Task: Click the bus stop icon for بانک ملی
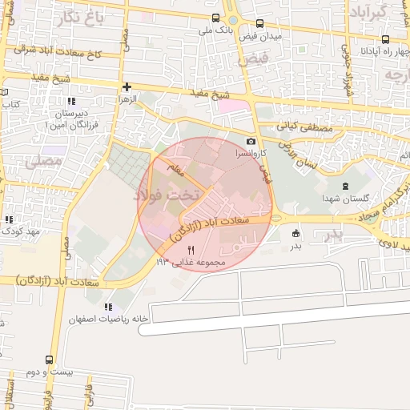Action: coord(215,18)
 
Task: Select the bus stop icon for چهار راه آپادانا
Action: coord(387,39)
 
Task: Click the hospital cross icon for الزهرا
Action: coord(126,86)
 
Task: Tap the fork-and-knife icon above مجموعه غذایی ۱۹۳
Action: coord(191,250)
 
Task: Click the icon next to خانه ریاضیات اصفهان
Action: coord(109,307)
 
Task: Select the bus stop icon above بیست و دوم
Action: coord(50,360)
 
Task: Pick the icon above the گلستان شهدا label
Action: coord(344,186)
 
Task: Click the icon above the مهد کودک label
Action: coord(10,219)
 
